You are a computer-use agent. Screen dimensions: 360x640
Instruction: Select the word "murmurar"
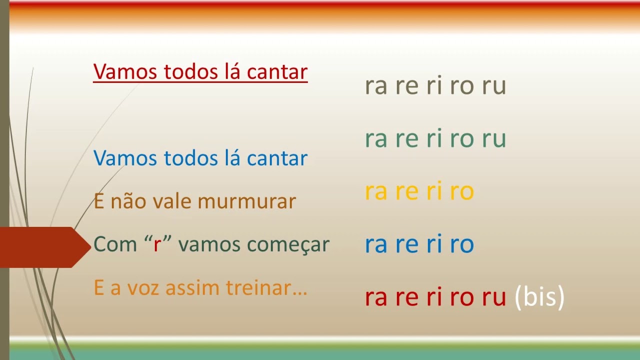[x=247, y=201]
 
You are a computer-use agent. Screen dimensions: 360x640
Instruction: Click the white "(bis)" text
[x=539, y=297]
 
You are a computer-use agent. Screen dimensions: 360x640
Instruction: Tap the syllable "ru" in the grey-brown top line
[x=494, y=85]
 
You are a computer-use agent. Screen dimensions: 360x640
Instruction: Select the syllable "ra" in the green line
[x=376, y=138]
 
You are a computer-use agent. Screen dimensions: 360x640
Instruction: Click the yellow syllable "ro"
[x=461, y=191]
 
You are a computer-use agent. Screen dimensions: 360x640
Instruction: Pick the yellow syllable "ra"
[x=376, y=191]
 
